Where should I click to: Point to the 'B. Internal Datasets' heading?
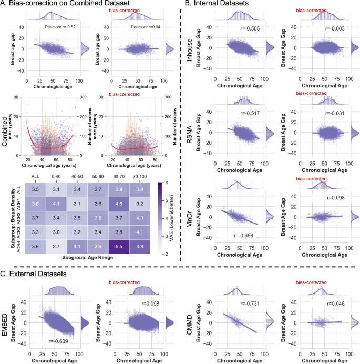coord(223,5)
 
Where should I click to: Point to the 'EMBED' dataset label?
coord(6,320)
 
